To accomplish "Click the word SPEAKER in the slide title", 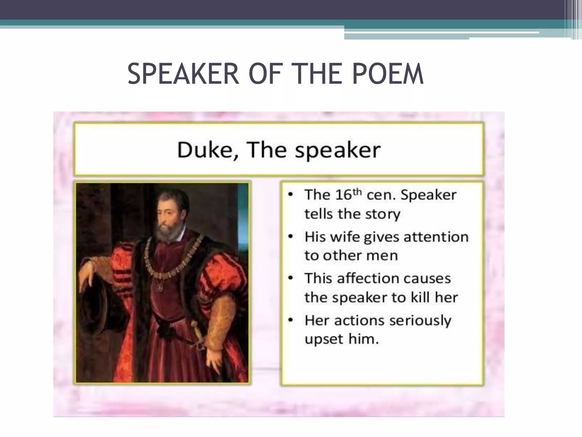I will click(183, 74).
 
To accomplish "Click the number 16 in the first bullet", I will click(343, 195).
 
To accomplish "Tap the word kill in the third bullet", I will click(421, 298).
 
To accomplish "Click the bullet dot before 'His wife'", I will click(290, 237).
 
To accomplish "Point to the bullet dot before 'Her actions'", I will click(290, 320).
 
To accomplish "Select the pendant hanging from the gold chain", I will click(161, 287).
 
